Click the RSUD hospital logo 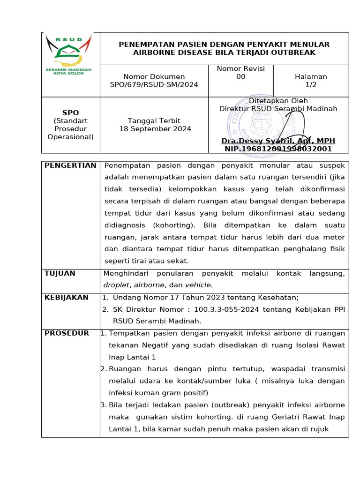tap(68, 55)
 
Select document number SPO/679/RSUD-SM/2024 tap(154, 85)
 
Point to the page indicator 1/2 tap(311, 85)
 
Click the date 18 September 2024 tap(155, 129)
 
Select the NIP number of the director tap(278, 149)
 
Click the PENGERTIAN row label tap(70, 165)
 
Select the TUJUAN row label tap(60, 273)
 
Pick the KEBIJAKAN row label tap(66, 298)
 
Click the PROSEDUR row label tap(67, 333)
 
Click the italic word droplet tap(117, 285)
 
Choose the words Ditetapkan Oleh tap(278, 101)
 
